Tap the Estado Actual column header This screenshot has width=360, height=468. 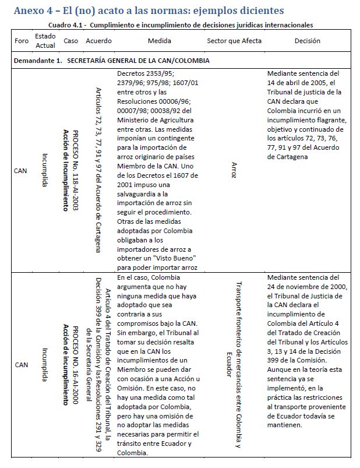(45, 41)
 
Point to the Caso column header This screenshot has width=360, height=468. (70, 41)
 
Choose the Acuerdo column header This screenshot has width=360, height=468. (98, 41)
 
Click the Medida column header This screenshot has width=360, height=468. (159, 41)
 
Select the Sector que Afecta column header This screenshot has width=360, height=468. (234, 41)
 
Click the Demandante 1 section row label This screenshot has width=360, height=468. (112, 61)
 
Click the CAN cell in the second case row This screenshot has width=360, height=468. (21, 364)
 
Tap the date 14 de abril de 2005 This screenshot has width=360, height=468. (303, 83)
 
